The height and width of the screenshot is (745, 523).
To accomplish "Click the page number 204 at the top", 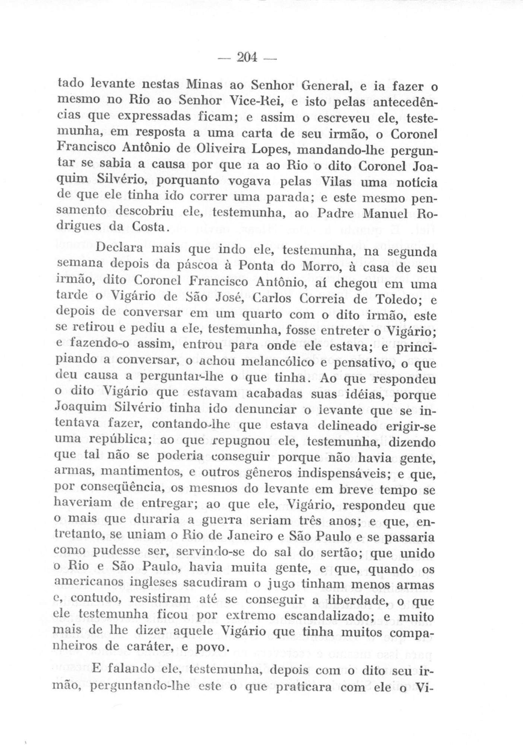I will (x=247, y=57).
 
